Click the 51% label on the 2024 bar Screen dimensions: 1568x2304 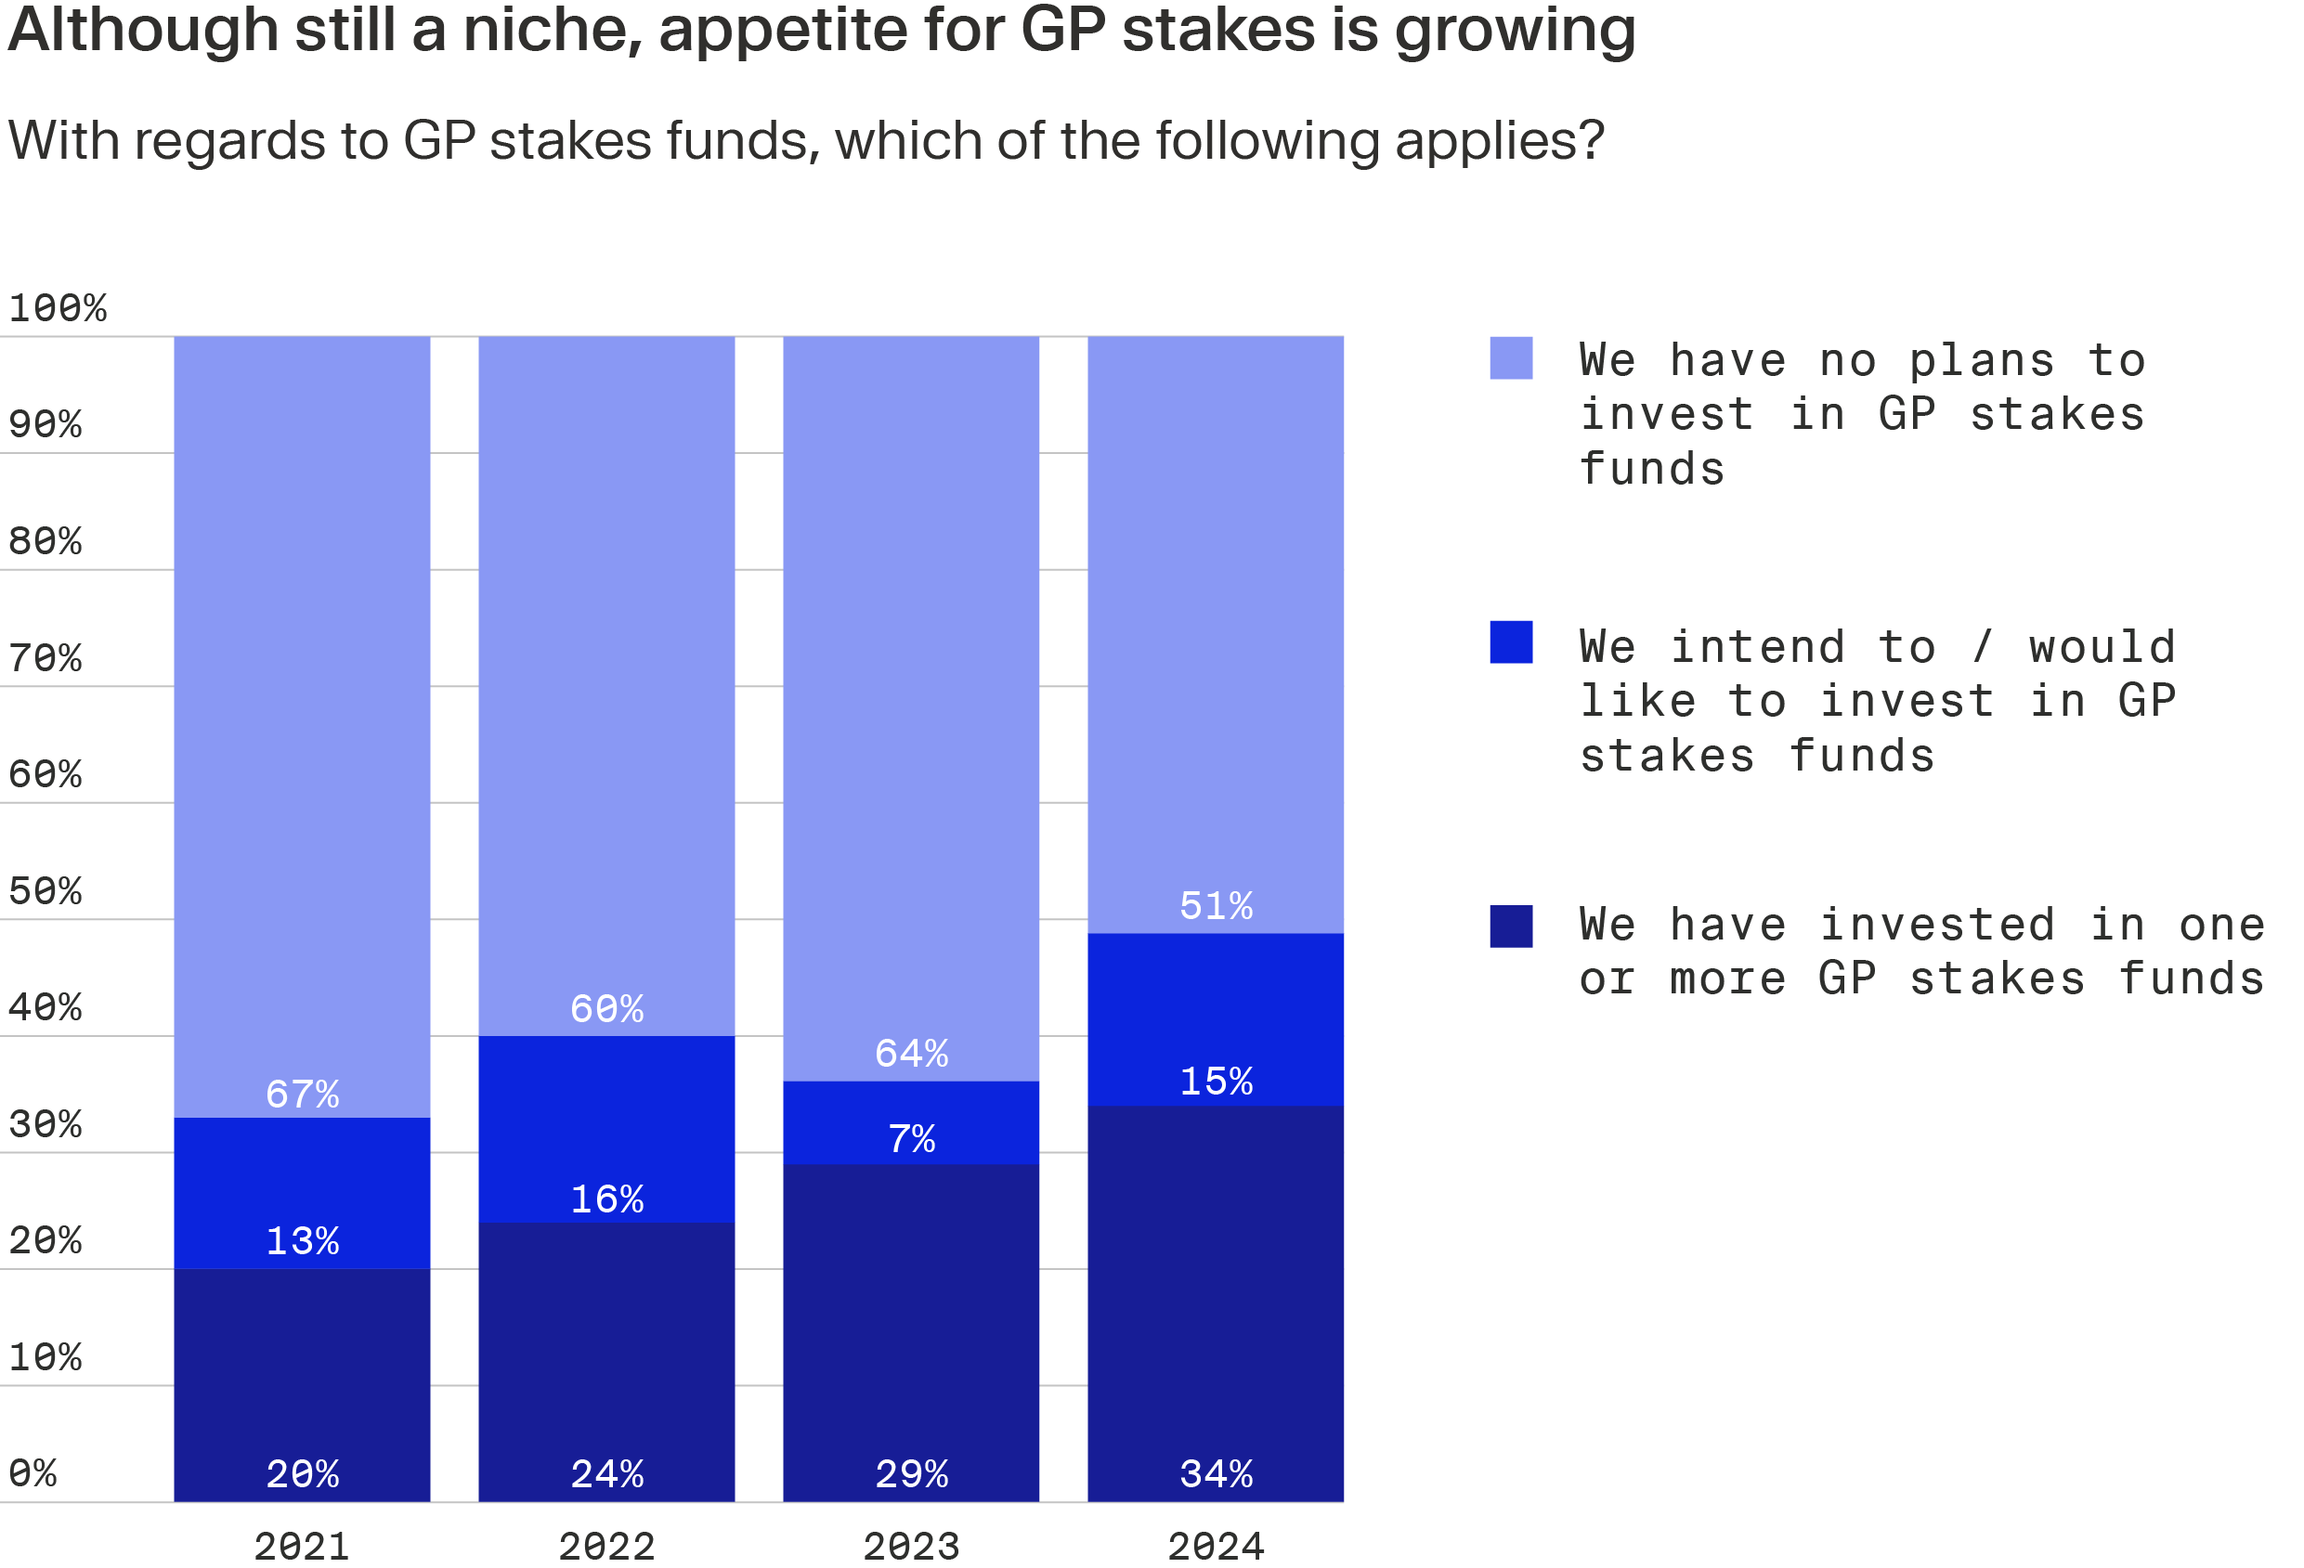tap(1216, 906)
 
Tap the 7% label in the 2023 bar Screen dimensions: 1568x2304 tap(911, 1139)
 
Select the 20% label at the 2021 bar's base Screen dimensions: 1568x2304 tap(303, 1474)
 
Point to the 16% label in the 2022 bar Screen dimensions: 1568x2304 tap(606, 1199)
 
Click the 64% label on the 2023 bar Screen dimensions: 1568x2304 tap(911, 1053)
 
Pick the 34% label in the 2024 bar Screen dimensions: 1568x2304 tap(1216, 1474)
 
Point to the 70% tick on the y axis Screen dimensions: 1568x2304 tap(45, 658)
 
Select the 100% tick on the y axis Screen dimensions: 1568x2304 tap(57, 308)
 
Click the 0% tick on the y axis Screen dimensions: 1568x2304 tap(33, 1473)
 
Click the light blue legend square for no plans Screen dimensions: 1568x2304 tap(1511, 357)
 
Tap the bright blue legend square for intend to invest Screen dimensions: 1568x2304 tap(1511, 642)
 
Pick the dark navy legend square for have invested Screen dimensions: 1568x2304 tap(1511, 926)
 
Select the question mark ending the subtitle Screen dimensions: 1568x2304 tap(1591, 140)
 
